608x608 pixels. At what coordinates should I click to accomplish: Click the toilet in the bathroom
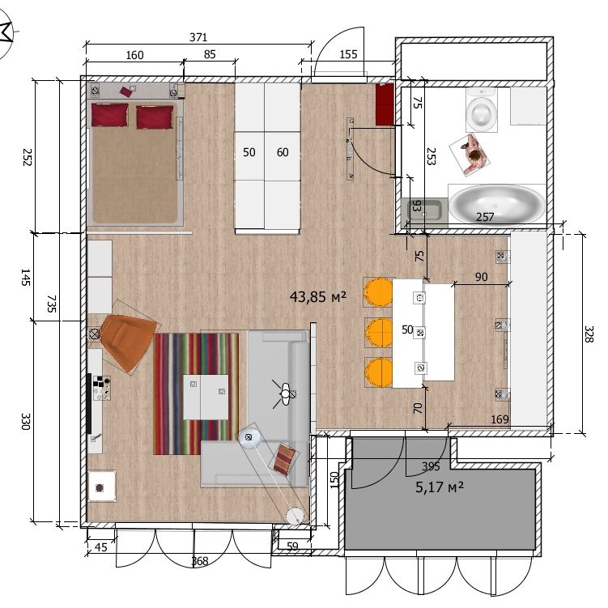481,110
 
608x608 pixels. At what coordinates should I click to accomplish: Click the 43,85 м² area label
317,297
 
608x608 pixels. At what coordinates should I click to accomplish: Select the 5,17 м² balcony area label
440,487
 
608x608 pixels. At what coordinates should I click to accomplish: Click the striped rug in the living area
196,393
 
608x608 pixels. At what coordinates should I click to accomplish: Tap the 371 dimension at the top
198,37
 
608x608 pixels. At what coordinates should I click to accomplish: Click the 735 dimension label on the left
52,304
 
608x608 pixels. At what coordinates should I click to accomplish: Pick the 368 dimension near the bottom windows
200,561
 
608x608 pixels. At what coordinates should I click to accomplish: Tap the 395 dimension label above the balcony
431,466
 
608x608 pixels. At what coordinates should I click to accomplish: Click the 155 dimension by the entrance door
348,54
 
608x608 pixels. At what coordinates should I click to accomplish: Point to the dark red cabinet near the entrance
385,104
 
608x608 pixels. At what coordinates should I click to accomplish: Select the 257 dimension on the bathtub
485,217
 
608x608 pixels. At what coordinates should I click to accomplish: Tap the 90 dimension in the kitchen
481,277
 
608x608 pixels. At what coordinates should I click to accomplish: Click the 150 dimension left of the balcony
334,479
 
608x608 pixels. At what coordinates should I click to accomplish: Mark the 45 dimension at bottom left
101,547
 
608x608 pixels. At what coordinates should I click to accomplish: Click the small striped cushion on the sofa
286,459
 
